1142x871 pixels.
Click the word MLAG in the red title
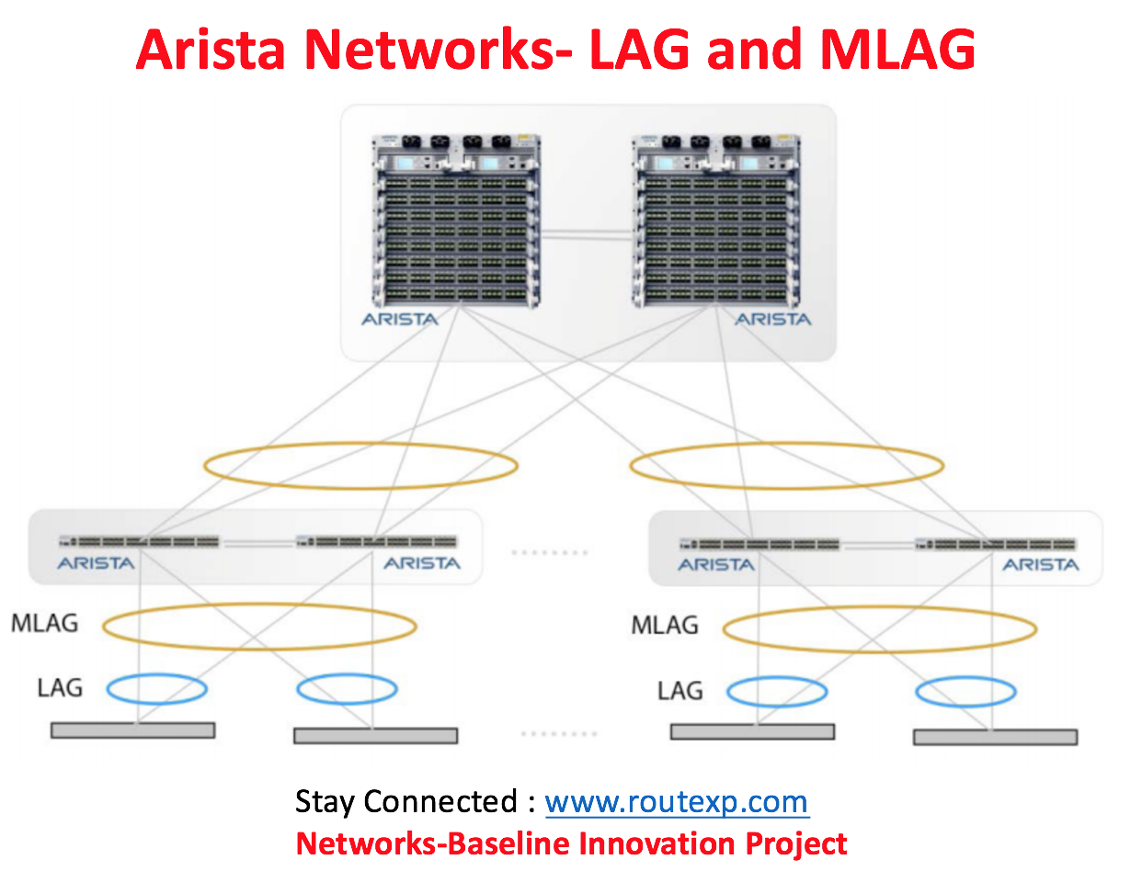point(896,50)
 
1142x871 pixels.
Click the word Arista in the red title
point(211,50)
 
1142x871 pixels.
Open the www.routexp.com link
point(677,802)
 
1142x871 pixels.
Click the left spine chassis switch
point(456,221)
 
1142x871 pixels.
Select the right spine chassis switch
point(716,221)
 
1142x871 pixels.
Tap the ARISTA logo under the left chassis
point(400,319)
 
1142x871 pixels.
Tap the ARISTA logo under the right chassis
point(773,319)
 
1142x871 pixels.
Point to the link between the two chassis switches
point(587,235)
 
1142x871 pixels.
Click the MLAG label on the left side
point(45,623)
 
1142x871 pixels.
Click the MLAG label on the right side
point(665,625)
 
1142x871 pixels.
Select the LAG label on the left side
point(60,688)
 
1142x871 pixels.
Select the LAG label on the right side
point(680,691)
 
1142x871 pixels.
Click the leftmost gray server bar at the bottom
point(132,730)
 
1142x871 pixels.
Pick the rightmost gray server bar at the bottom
point(995,737)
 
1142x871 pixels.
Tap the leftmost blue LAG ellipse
point(156,674)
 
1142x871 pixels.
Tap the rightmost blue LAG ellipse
point(965,677)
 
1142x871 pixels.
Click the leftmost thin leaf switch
point(139,541)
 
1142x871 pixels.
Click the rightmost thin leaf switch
point(995,544)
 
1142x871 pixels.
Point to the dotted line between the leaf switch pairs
point(550,552)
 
